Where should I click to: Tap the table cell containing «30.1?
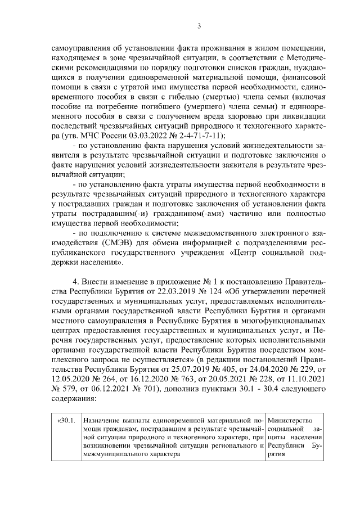[66, 421]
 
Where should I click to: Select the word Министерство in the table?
[290, 421]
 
